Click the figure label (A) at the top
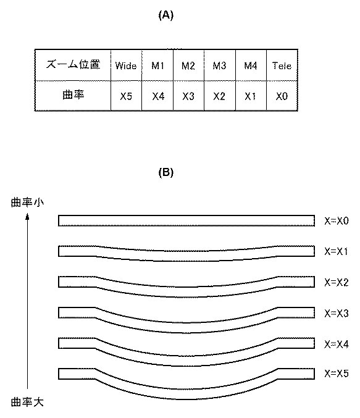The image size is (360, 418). [166, 15]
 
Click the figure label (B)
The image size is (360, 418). [166, 172]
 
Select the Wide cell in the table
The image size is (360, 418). [126, 65]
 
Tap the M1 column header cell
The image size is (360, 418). [157, 65]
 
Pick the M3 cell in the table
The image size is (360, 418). [219, 65]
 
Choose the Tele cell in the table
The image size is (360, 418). [282, 65]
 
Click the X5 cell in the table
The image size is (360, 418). [126, 96]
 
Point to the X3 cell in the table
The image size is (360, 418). [188, 96]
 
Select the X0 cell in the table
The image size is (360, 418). [282, 96]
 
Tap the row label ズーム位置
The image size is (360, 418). [73, 64]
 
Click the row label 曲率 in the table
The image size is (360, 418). [73, 94]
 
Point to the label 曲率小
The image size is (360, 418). [27, 203]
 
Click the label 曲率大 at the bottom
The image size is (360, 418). [27, 402]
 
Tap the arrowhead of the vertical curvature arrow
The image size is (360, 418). [27, 216]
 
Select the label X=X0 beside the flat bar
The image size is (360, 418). [337, 220]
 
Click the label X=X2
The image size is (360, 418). [337, 282]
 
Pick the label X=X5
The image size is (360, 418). [337, 373]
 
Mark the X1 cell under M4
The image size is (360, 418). [251, 96]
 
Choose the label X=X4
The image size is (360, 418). [337, 344]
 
